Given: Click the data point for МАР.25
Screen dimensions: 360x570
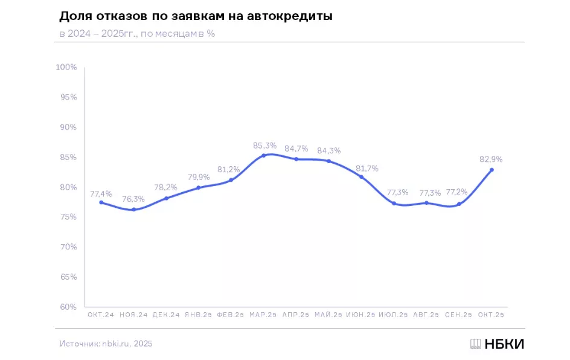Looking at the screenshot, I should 263,155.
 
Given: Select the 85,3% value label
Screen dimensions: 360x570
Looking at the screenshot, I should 264,145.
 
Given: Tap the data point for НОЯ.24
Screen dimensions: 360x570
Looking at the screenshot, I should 133,210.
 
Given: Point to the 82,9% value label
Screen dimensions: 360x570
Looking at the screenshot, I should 491,159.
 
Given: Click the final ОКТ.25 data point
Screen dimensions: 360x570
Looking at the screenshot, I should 492,170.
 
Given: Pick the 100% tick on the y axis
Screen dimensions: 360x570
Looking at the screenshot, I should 66,67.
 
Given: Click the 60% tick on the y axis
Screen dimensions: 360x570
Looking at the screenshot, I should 68,307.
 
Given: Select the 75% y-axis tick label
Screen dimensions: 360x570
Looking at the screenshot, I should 68,217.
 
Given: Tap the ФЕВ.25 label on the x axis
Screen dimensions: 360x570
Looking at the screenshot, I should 231,315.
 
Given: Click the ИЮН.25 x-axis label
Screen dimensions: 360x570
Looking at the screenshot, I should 361,315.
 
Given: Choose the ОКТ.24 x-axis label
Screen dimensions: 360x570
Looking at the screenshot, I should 101,315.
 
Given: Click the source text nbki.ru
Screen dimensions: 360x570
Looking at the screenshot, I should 116,344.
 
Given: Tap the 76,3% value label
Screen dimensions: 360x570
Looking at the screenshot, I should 134,199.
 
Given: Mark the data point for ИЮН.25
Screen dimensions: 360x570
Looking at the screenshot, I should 361,177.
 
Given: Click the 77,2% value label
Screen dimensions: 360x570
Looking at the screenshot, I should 459,193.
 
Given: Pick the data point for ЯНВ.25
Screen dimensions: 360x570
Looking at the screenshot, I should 198,187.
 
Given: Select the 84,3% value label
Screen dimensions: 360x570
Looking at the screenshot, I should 328,150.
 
